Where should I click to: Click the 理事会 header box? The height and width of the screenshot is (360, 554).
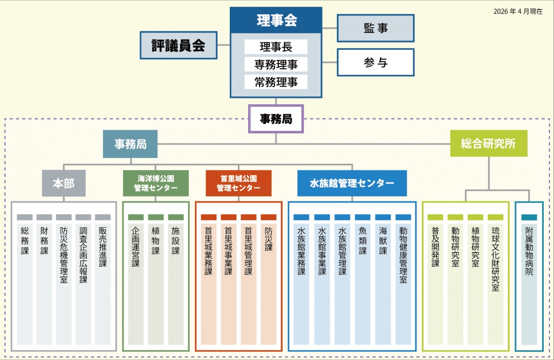click(276, 21)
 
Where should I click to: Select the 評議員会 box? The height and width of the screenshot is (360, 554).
click(179, 45)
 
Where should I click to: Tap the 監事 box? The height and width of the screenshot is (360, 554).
click(375, 28)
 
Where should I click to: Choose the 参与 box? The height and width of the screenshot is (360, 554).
click(375, 63)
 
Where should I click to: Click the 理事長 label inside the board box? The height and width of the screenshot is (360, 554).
click(276, 47)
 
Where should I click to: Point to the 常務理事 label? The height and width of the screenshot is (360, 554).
click(276, 82)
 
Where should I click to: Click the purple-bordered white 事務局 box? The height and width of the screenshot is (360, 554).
click(276, 119)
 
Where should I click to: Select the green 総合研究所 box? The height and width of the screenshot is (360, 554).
click(488, 144)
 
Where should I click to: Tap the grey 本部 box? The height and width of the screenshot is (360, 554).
click(64, 184)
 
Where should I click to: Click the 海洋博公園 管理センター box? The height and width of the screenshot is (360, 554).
click(155, 184)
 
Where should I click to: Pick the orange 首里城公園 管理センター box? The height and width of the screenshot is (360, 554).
click(239, 184)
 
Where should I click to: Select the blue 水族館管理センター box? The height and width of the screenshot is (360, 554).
click(352, 184)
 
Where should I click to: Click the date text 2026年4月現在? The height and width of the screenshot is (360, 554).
click(518, 11)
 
